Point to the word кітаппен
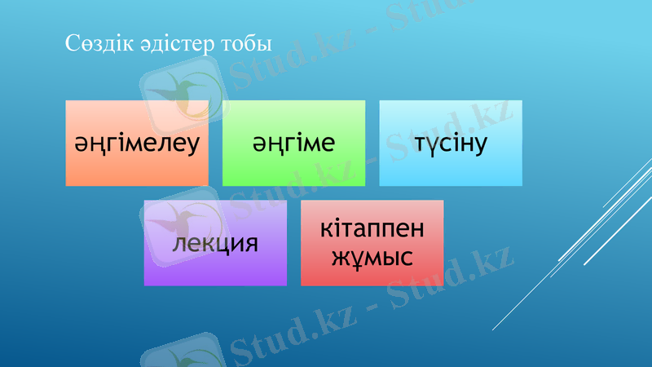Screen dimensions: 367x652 (x=372, y=228)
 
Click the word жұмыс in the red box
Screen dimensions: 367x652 (x=372, y=258)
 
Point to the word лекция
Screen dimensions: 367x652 (x=215, y=244)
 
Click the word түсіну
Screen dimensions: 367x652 (x=451, y=144)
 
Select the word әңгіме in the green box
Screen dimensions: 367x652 (x=293, y=144)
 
